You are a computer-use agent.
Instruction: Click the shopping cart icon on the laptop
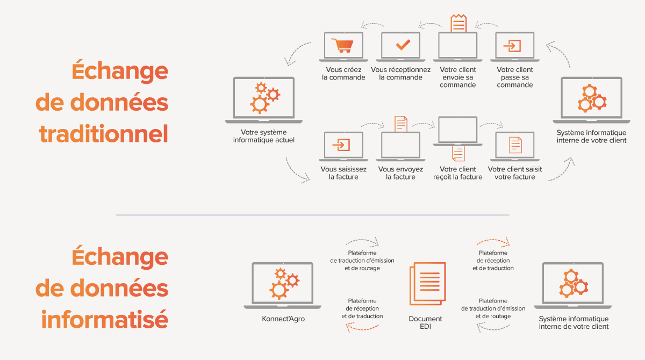(343, 45)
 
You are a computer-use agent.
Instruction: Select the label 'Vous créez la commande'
(343, 74)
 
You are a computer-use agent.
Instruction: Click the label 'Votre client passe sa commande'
(514, 77)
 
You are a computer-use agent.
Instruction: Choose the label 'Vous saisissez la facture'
(343, 173)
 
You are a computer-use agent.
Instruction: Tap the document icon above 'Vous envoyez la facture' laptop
(401, 124)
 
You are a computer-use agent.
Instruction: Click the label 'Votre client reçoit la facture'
(458, 173)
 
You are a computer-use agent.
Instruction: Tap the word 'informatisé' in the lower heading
(105, 320)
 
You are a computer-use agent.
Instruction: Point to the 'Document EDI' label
(425, 322)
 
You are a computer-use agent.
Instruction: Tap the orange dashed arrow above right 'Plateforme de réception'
(493, 241)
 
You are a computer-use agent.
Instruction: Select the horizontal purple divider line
(312, 215)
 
